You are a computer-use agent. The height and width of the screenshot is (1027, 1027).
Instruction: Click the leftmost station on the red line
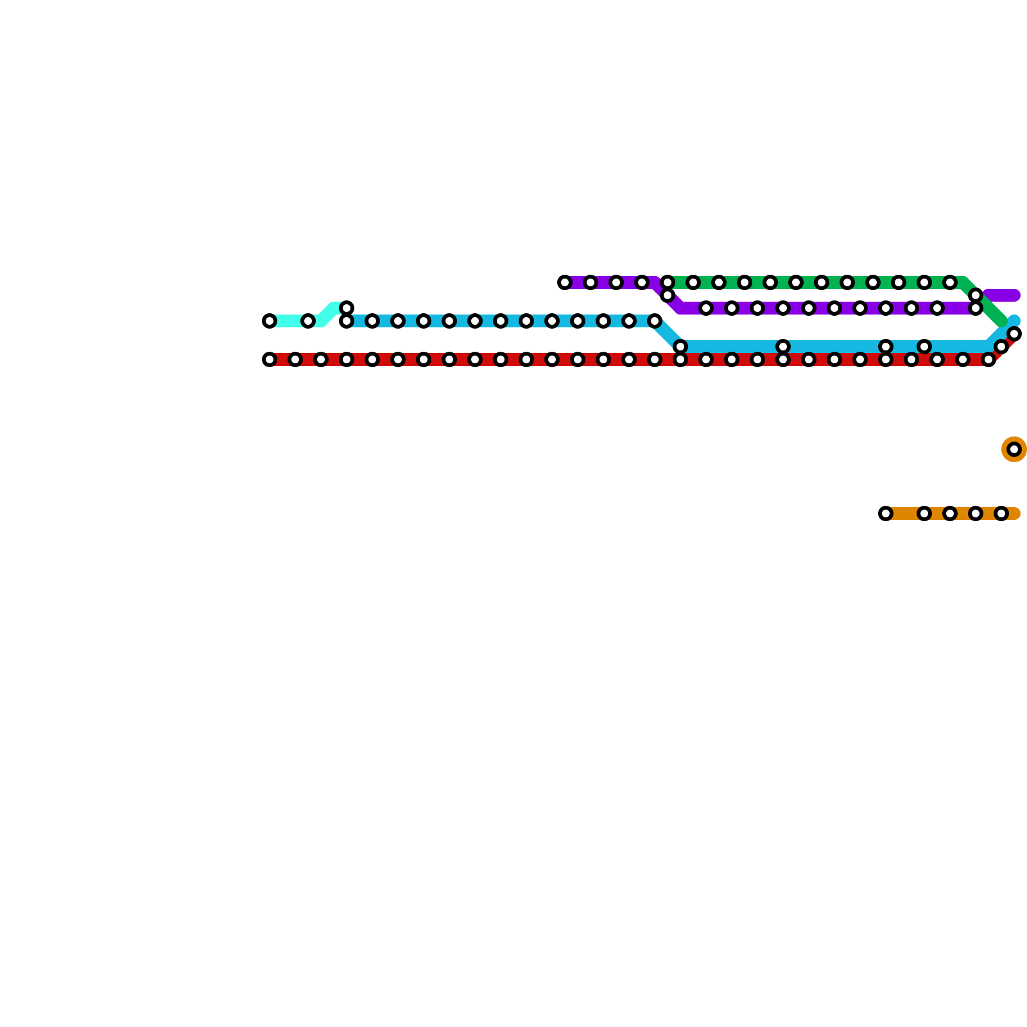270,359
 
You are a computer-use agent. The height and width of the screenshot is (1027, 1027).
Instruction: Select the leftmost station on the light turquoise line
270,321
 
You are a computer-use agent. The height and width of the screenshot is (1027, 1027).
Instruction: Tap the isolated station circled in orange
1014,449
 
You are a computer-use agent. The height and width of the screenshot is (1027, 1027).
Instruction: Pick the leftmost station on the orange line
886,513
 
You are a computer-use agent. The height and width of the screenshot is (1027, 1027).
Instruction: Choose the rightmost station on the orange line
1001,513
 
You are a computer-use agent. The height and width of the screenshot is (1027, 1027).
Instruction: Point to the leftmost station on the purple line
565,282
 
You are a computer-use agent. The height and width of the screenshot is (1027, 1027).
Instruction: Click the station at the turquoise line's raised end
347,308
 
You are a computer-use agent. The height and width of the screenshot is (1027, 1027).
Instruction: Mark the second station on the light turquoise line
308,321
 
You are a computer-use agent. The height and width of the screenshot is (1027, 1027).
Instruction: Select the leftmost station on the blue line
347,321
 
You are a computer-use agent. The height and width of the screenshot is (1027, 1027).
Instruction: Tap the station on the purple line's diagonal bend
668,295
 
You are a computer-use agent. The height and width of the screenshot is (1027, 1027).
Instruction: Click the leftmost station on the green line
668,282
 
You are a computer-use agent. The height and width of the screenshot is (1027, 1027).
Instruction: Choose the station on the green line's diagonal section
976,295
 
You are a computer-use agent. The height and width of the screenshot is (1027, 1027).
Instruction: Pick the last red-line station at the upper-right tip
1014,334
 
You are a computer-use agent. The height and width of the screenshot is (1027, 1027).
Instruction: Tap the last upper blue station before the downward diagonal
655,321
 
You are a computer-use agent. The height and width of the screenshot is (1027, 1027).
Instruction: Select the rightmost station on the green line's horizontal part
950,282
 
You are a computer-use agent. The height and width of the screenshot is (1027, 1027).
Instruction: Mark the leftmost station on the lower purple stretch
706,308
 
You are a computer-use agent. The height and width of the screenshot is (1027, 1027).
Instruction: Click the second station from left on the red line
295,359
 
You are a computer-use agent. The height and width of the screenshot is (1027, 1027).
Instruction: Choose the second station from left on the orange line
924,513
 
